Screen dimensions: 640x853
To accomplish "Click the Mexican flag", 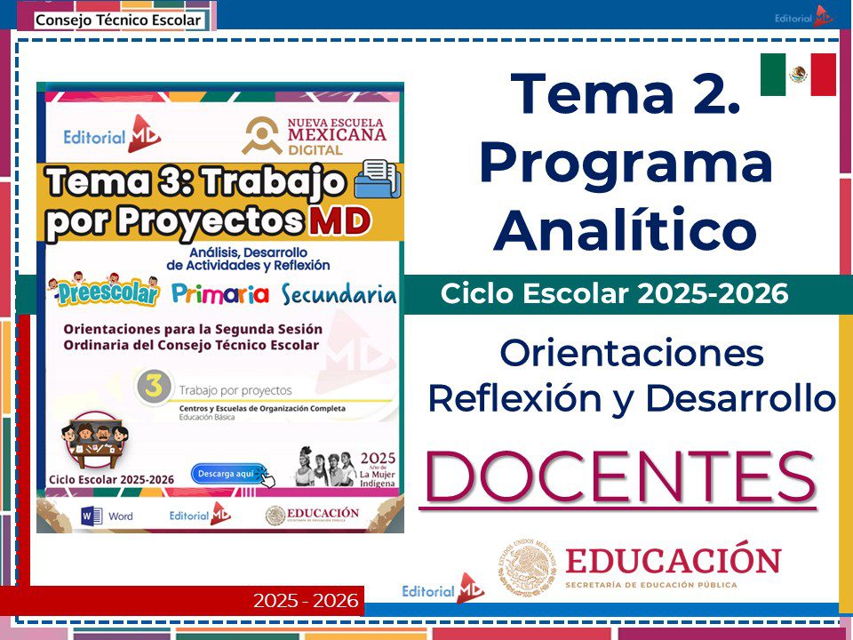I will pos(798,75).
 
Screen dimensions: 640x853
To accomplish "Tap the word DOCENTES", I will pos(620,477).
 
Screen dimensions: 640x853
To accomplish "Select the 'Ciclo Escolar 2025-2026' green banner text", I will pos(615,294).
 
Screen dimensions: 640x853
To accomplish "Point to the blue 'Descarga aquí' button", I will pos(228,474).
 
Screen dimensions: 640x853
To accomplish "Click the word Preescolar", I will pos(103,293).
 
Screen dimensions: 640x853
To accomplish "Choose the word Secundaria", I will pos(338,294).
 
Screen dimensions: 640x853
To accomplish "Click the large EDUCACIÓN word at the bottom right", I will pos(673,561).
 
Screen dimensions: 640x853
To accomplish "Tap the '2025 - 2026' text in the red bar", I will pos(306,601).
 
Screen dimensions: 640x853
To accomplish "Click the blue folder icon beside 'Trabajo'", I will pos(378,179).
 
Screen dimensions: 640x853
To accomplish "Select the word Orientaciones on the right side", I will pos(632,354).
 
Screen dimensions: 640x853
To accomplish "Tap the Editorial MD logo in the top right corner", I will pos(803,16).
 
